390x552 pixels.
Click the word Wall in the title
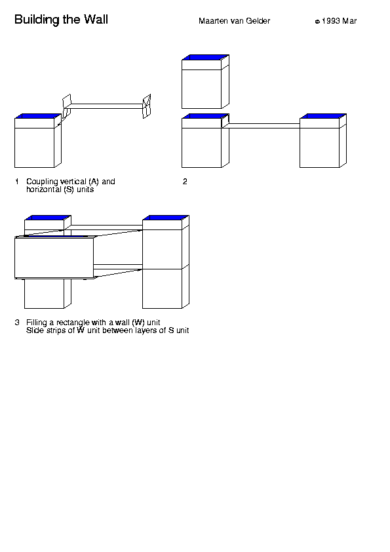[x=96, y=20]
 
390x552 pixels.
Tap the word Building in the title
[x=37, y=20]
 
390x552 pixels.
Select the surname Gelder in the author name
[x=258, y=21]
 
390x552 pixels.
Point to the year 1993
[x=331, y=21]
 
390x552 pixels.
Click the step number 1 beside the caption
[x=17, y=182]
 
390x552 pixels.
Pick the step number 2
[x=185, y=182]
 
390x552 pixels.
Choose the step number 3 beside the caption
[x=17, y=323]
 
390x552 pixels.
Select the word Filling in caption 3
[x=36, y=323]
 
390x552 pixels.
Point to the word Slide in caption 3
[x=35, y=330]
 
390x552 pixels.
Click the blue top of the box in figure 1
[x=38, y=116]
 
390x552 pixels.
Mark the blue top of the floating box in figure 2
[x=205, y=57]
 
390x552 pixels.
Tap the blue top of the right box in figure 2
[x=323, y=116]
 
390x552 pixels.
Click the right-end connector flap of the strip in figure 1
[x=147, y=106]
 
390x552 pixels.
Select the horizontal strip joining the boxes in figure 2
[x=264, y=126]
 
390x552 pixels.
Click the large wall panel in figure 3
[x=54, y=258]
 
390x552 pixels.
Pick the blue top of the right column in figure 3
[x=166, y=218]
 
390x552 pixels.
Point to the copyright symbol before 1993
[x=317, y=22]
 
